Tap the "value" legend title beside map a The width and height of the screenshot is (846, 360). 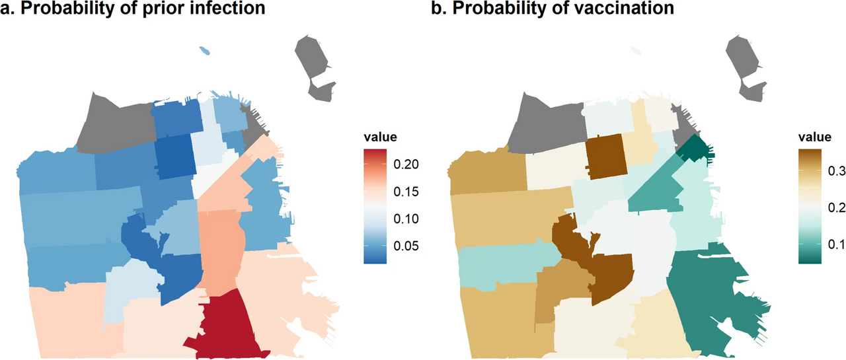point(380,137)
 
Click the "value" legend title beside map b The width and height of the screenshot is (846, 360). point(814,137)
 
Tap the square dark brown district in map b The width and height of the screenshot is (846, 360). point(604,156)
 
